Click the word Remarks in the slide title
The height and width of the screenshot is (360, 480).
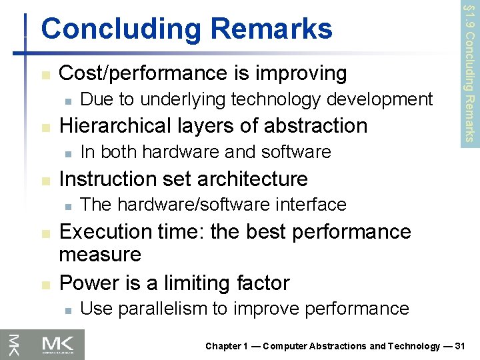click(x=277, y=29)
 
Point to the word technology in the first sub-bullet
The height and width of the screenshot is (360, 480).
click(x=269, y=100)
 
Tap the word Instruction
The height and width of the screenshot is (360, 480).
click(x=107, y=179)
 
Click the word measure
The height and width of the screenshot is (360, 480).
click(x=100, y=254)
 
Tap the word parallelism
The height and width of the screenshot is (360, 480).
click(x=163, y=309)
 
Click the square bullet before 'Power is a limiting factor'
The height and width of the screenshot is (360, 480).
click(x=44, y=284)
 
